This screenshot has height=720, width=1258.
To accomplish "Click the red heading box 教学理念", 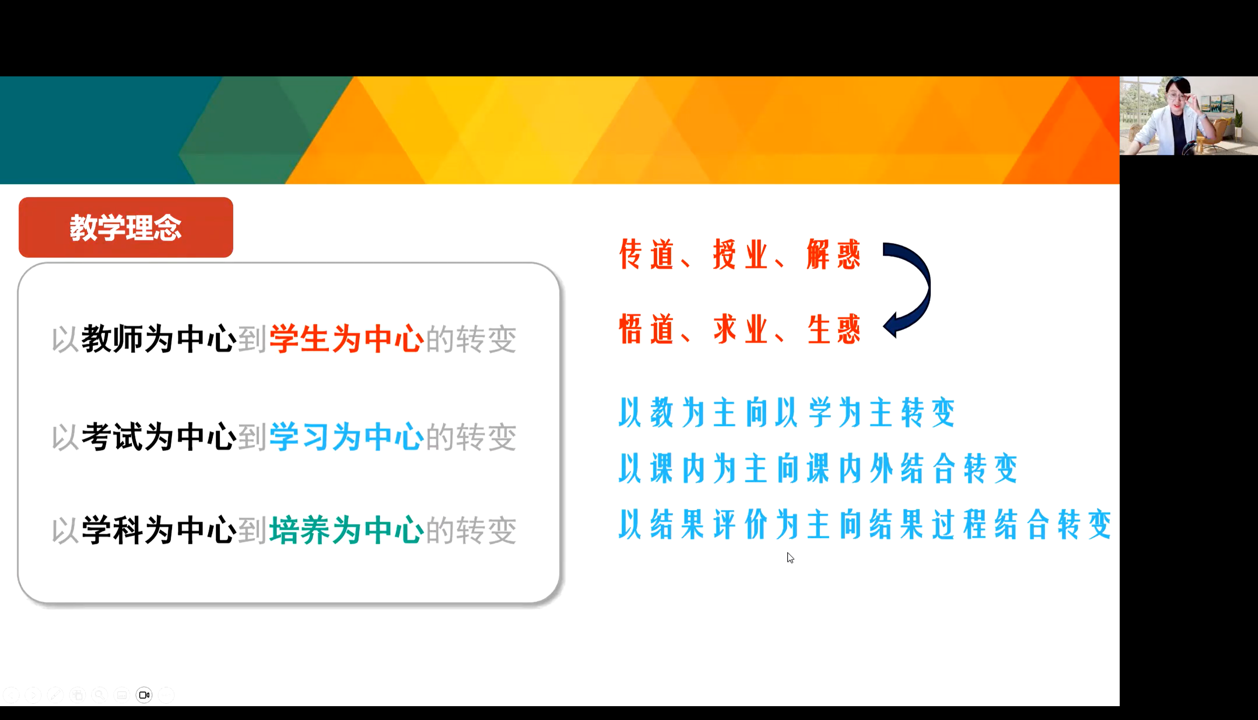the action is (125, 227).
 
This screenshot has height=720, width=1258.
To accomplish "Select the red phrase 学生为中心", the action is (347, 339).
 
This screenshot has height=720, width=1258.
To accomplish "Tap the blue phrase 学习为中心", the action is (347, 437).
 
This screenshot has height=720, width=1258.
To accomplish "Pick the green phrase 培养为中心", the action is (347, 530).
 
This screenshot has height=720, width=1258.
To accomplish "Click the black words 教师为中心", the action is (159, 339).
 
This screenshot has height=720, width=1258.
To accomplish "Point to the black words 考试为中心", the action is (159, 437).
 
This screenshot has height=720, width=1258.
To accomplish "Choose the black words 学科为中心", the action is (159, 530).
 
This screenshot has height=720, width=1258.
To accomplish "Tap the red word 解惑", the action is (834, 255).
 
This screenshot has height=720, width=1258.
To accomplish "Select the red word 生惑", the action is (834, 329).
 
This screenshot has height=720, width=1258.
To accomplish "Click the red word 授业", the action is (740, 255).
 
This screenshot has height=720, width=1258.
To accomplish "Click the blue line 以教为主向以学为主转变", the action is (787, 412).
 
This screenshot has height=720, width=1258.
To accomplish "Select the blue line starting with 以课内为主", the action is (818, 468).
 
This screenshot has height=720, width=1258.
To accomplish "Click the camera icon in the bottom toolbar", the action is (144, 695).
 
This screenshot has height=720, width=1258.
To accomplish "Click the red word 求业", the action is (740, 329).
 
